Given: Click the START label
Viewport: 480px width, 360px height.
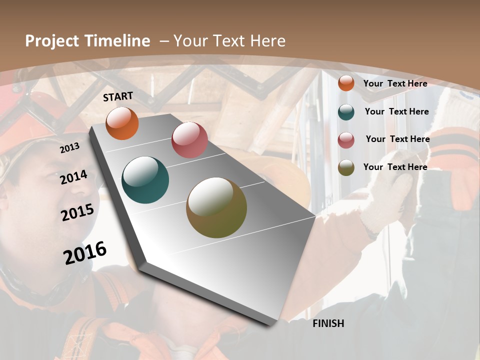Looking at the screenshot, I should click(118, 96).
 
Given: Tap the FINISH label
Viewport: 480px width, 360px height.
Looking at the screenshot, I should click(328, 323).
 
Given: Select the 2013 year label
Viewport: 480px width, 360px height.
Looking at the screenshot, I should click(70, 148).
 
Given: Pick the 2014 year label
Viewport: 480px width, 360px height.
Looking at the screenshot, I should click(73, 177).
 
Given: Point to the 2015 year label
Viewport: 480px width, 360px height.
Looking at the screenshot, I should click(77, 212).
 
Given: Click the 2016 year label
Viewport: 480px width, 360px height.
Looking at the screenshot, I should click(85, 253).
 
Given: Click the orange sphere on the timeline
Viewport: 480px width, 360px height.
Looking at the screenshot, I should click(122, 123).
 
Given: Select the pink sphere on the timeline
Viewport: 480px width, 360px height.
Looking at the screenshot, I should click(189, 140).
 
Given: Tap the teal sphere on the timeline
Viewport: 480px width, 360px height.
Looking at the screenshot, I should click(145, 180).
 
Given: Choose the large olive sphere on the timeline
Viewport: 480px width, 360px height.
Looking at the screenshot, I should click(216, 207).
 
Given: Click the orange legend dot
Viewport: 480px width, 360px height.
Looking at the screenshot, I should click(346, 83).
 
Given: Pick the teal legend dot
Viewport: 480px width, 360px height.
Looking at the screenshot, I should click(346, 111).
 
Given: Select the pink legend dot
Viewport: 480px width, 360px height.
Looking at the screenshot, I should click(346, 140).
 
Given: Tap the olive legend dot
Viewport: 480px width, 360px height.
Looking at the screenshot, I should click(346, 167).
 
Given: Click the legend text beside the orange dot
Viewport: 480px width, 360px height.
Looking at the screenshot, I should click(395, 83).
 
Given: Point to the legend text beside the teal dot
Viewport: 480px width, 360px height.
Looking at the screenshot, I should click(396, 111).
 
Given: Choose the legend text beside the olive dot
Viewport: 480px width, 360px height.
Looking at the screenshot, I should click(395, 167).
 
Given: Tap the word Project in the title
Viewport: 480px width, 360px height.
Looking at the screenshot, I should click(51, 41).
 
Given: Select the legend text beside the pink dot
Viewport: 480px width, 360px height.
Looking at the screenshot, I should click(397, 139).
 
